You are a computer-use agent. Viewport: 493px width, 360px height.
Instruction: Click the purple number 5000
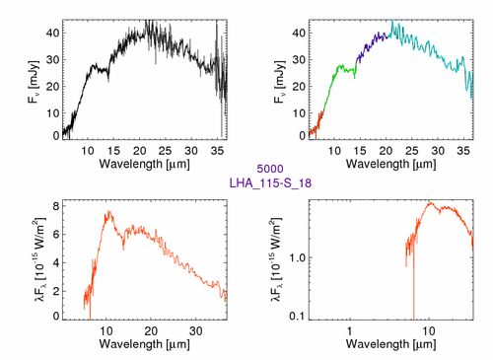[270, 169]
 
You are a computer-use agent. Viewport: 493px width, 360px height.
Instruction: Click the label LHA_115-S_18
[270, 182]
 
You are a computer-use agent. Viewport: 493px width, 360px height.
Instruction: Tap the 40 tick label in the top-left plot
[52, 33]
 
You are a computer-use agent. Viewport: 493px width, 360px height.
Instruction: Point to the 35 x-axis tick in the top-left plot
[217, 151]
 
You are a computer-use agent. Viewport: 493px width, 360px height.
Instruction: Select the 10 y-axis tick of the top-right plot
[299, 113]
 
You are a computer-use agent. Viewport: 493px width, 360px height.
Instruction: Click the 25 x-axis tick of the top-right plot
[411, 151]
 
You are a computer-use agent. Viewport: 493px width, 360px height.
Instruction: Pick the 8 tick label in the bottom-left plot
[56, 206]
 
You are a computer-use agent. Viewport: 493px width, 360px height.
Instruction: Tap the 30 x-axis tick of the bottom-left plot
[196, 331]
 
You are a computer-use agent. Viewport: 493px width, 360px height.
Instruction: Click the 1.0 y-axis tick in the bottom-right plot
[298, 257]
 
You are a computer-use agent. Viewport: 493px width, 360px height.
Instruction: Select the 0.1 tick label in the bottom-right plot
[298, 317]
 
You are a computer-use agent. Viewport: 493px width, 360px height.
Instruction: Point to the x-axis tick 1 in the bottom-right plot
[349, 331]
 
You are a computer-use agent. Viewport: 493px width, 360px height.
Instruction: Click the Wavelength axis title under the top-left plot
[145, 164]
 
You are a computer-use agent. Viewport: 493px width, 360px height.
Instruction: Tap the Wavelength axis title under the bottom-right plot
[391, 344]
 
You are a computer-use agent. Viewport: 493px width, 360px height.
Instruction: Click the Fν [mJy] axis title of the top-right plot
[279, 82]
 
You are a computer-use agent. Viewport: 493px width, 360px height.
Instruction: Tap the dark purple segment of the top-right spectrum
[372, 46]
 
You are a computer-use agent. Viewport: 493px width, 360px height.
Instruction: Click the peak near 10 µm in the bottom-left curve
[108, 212]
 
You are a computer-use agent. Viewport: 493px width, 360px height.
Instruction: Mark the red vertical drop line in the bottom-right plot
[413, 283]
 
